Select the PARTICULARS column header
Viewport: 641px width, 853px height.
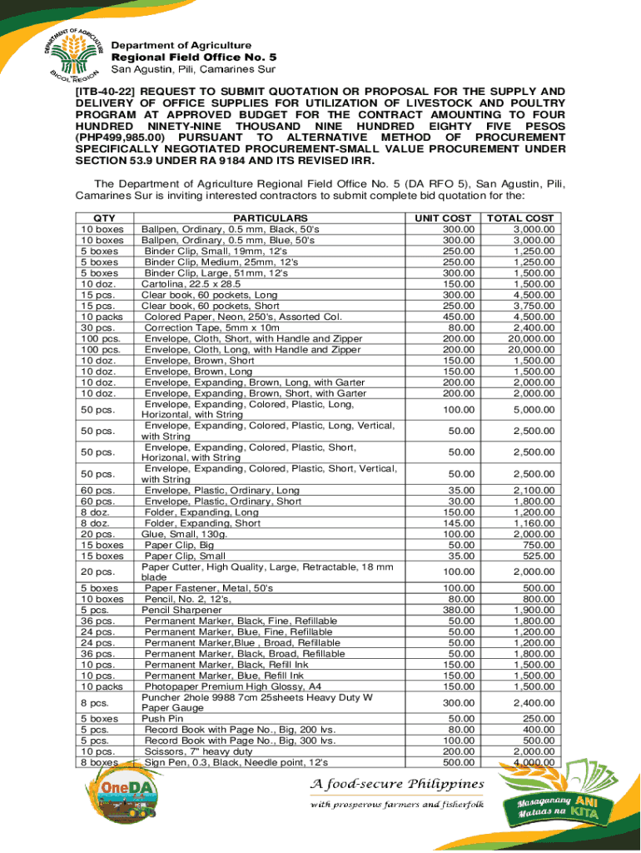click(265, 218)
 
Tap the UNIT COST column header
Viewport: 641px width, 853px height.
click(444, 218)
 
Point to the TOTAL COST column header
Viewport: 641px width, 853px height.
click(520, 218)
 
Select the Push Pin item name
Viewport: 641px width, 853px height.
click(161, 718)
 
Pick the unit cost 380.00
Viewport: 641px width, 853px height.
click(458, 610)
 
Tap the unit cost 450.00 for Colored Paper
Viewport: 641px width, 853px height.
click(458, 317)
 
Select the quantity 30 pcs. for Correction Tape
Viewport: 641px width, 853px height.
click(96, 327)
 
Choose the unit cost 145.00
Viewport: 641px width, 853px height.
click(458, 523)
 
